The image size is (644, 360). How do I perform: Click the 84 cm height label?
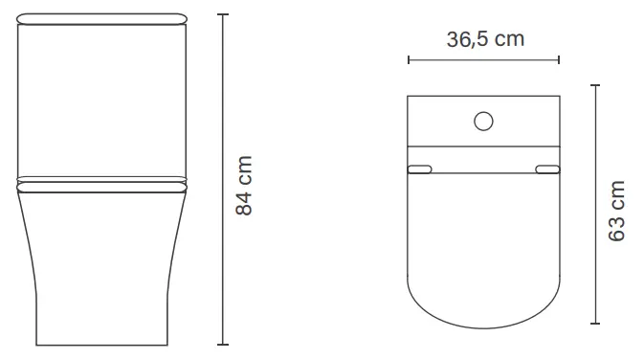[245, 185]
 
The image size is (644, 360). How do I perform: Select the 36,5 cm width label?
[484, 39]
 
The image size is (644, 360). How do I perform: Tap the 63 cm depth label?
[617, 211]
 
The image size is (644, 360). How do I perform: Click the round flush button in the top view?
[484, 122]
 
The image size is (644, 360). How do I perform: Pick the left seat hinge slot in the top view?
[420, 169]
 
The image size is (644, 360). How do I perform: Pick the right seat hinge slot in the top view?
[548, 169]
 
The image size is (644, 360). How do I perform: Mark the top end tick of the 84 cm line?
[223, 15]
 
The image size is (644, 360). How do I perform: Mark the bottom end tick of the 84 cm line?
[223, 344]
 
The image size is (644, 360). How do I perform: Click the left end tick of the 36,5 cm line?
[409, 59]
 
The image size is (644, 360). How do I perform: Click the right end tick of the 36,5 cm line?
[560, 59]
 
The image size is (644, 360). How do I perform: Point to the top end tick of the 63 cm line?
[595, 85]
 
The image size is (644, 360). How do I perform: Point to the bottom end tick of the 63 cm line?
[595, 325]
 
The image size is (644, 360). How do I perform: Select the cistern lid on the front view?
[102, 18]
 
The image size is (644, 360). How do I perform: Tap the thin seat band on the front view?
[102, 180]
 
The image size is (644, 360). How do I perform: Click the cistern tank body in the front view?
[102, 101]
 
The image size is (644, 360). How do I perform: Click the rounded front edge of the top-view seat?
[484, 322]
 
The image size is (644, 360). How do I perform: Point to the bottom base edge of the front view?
[102, 344]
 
